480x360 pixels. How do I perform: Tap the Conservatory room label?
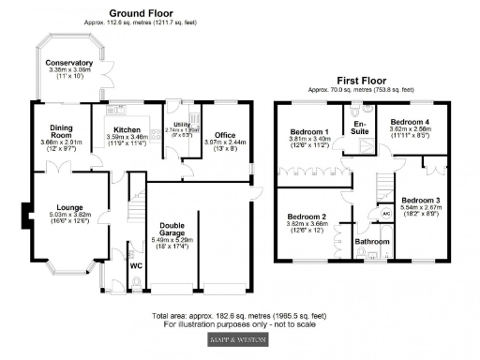tap(68, 63)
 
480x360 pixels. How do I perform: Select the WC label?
tap(135, 265)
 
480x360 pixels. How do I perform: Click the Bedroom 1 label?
tap(309, 131)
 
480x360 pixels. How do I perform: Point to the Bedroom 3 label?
tap(420, 201)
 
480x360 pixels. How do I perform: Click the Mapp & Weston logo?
tap(239, 338)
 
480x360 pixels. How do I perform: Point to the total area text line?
tap(239, 316)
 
